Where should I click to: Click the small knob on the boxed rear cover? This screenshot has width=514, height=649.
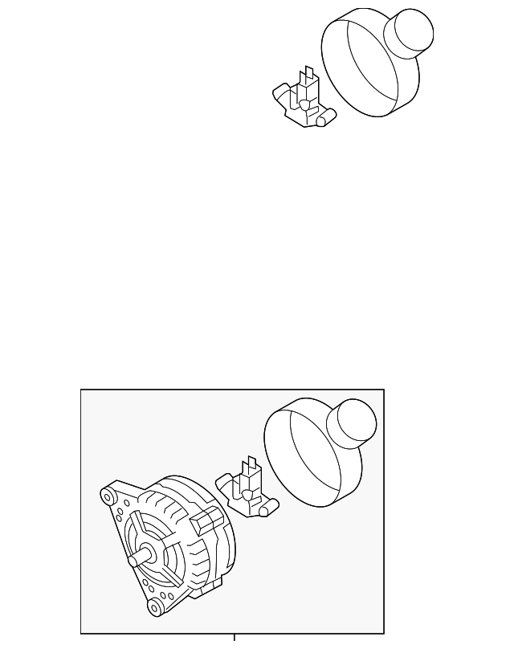click(x=353, y=423)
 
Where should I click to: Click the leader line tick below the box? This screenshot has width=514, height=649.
click(x=234, y=639)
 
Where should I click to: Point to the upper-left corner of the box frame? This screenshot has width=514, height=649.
click(x=81, y=390)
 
